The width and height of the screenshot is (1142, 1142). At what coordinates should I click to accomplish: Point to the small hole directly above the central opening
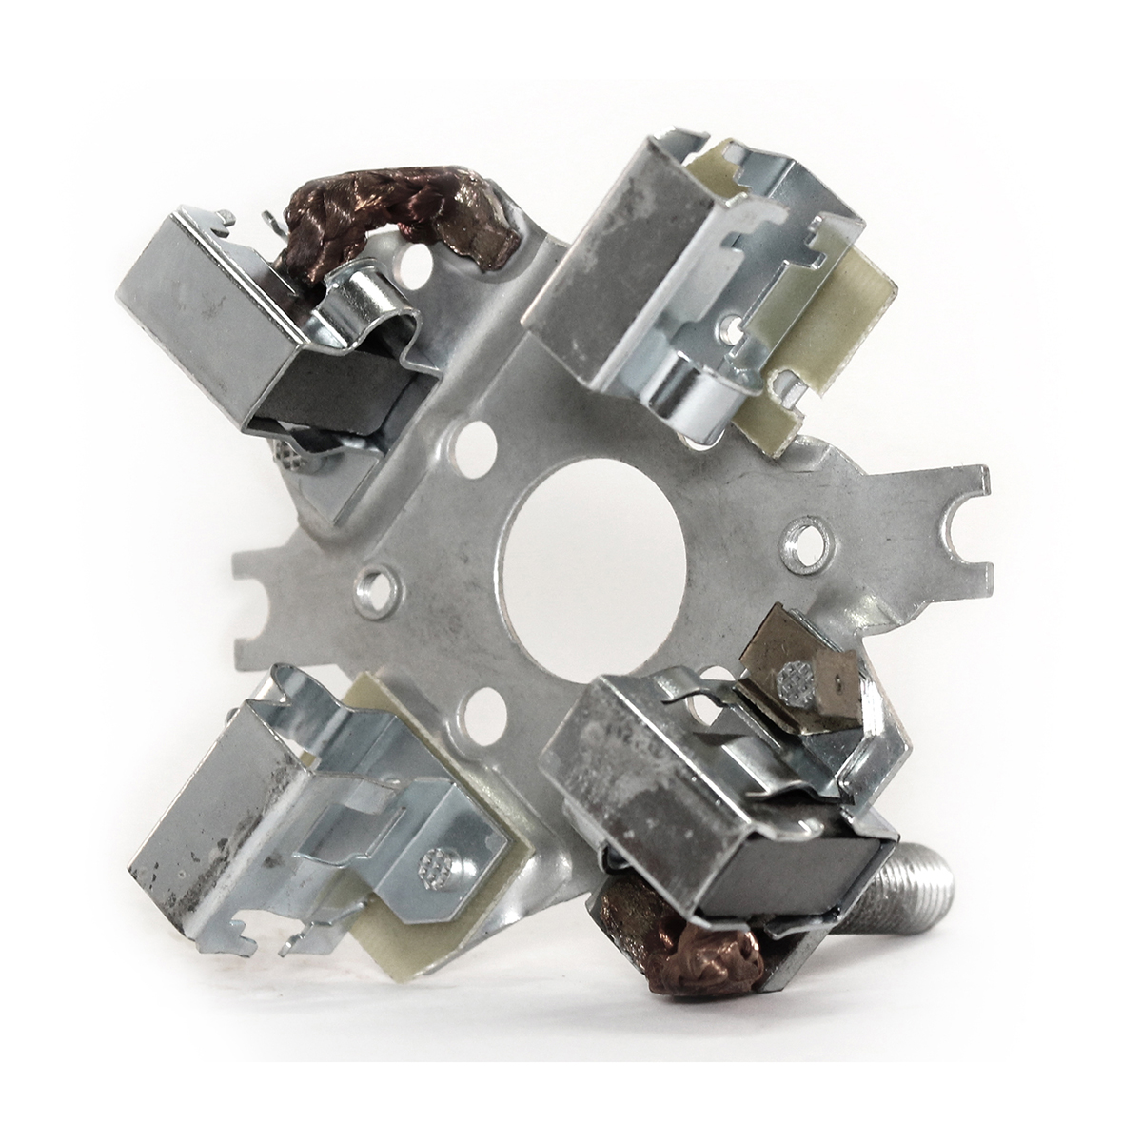(x=470, y=440)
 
